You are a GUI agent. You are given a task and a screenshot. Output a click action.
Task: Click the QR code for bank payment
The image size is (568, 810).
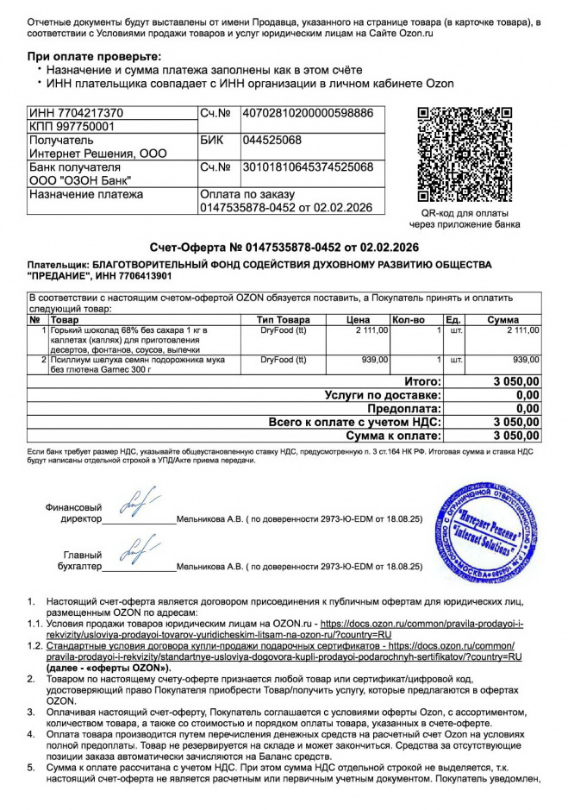pyautogui.click(x=465, y=154)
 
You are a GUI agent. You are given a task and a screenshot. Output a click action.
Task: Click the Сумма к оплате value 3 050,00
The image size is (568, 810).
pyautogui.click(x=515, y=436)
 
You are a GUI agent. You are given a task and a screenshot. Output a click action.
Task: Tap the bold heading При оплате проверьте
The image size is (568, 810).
pyautogui.click(x=94, y=56)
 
